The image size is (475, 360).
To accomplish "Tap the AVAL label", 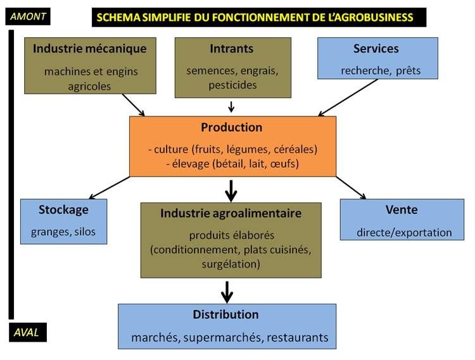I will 25,332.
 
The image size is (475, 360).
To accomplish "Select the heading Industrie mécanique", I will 90,49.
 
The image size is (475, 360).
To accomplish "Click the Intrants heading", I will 232,49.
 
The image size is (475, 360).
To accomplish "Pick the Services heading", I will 376,49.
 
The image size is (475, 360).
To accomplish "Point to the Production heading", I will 232,127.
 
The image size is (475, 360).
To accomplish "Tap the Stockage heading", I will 63,209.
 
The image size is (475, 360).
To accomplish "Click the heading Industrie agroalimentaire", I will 231,213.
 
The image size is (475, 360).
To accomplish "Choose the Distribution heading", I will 226,314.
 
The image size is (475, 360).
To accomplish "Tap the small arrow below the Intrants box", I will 231,106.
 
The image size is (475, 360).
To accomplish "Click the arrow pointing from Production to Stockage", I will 111,187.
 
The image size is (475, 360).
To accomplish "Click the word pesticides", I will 232,85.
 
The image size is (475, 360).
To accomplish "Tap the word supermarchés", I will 225,337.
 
